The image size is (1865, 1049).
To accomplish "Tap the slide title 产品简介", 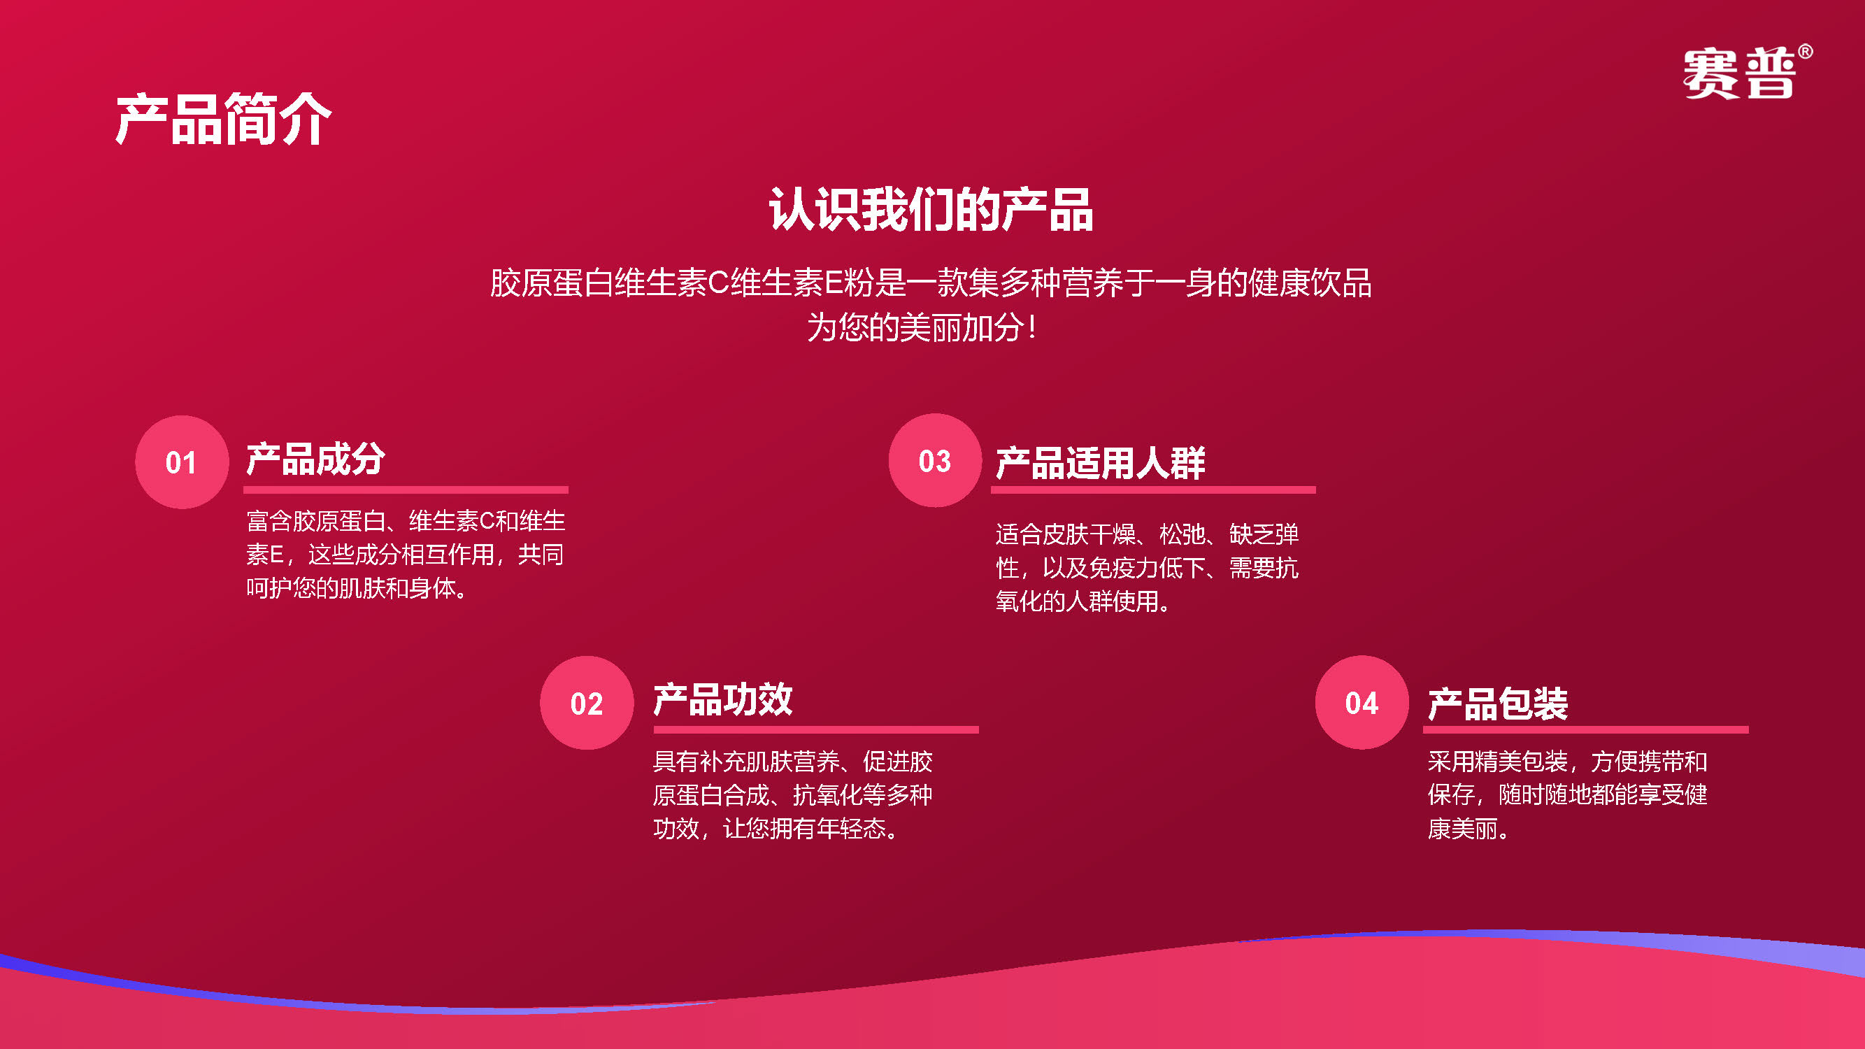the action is click(x=223, y=120).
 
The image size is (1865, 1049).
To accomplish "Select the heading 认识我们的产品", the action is click(x=931, y=210).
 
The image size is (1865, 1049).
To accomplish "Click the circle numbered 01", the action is click(x=182, y=462).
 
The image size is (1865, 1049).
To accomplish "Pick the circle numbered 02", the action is click(x=587, y=703).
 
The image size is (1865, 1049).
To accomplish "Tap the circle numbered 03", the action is click(x=936, y=460).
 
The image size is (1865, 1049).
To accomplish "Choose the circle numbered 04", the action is click(x=1362, y=702).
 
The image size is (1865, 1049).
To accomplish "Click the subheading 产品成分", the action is click(x=315, y=459).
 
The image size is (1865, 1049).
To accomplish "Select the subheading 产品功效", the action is click(x=722, y=700).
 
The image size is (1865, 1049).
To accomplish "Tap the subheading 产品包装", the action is click(x=1497, y=704).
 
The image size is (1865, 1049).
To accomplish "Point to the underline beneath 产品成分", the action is click(x=406, y=490).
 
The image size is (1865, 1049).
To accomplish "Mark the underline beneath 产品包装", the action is click(x=1585, y=729).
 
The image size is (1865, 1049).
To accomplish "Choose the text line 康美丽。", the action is click(x=1471, y=828).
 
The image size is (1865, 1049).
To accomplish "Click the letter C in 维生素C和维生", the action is click(x=487, y=521).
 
